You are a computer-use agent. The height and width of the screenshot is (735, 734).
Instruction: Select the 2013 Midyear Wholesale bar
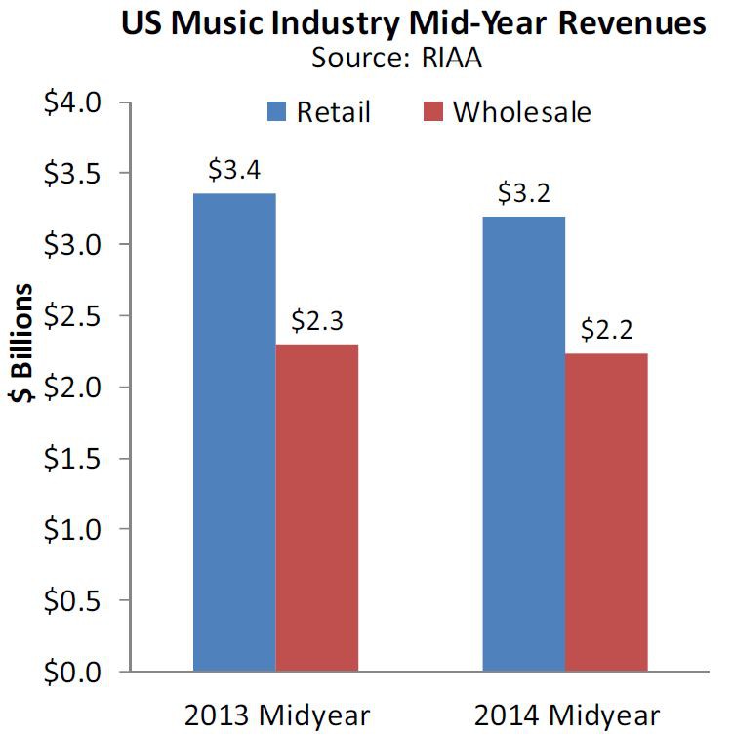point(317,508)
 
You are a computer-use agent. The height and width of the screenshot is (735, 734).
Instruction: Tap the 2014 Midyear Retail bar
point(523,444)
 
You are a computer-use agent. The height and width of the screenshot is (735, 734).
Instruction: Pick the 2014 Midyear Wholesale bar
point(606,512)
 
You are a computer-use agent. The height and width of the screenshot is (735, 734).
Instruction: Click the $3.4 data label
point(234,170)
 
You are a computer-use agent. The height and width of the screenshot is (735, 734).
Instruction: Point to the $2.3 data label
point(317,320)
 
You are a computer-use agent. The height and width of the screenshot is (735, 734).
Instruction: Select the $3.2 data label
point(523,192)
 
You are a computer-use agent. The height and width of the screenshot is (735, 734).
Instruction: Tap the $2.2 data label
point(606,329)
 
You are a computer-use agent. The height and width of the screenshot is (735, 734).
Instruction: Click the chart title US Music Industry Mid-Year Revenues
point(413,23)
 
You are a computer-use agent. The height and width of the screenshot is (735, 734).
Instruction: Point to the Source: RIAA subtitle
point(397,57)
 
